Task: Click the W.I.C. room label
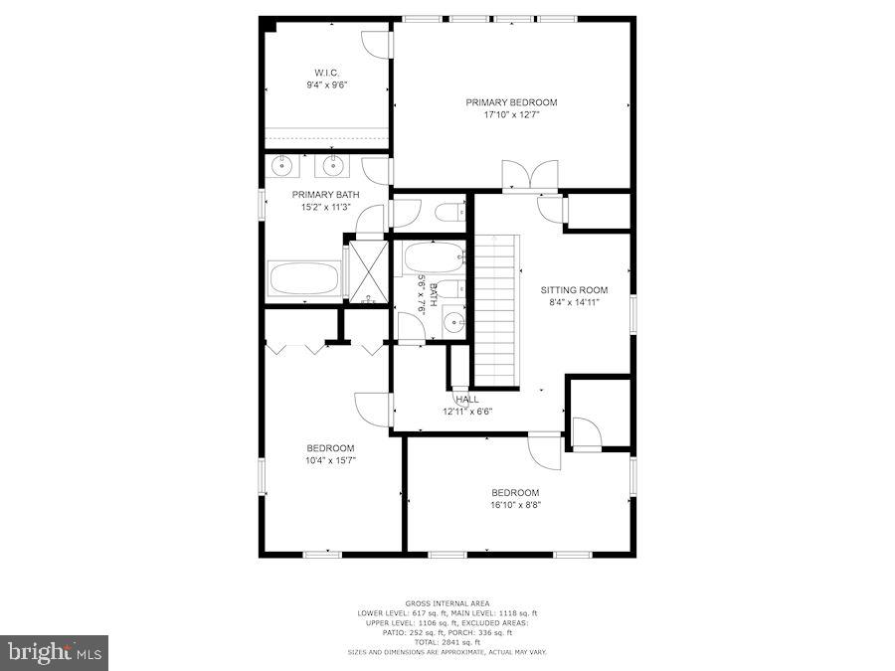[325, 72]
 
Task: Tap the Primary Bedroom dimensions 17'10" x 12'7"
[511, 115]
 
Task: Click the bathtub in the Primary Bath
[303, 277]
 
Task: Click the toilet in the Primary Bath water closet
[449, 211]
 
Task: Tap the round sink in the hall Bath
[453, 322]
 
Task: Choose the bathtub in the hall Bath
[435, 257]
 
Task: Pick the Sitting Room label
[574, 290]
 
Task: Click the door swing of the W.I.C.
[375, 45]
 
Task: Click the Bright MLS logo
[55, 653]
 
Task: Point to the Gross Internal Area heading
[447, 603]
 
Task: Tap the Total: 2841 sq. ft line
[447, 642]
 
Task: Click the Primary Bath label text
[325, 195]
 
